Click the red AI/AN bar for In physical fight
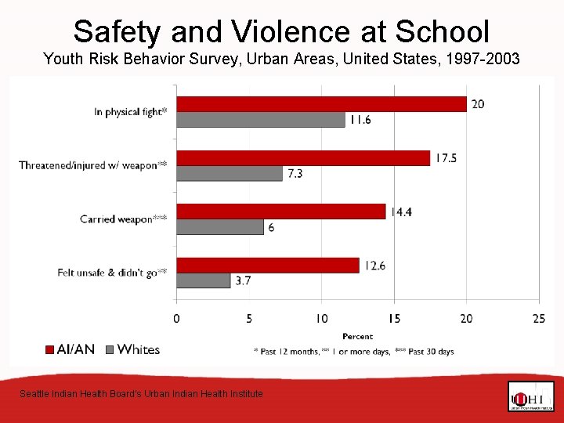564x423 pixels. pyautogui.click(x=321, y=104)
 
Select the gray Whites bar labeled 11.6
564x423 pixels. pyautogui.click(x=260, y=120)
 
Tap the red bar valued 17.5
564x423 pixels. pyautogui.click(x=303, y=157)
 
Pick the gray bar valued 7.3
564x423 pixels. pyautogui.click(x=229, y=173)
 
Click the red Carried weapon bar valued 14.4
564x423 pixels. pyautogui.click(x=280, y=211)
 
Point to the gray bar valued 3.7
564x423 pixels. pyautogui.click(x=203, y=280)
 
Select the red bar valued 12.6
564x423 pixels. pyautogui.click(x=267, y=265)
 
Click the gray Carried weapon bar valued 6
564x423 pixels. pyautogui.click(x=219, y=226)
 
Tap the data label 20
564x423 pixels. pyautogui.click(x=477, y=104)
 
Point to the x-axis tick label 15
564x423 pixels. pyautogui.click(x=394, y=318)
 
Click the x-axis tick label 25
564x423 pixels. pyautogui.click(x=539, y=318)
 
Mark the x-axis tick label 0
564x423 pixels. pyautogui.click(x=176, y=318)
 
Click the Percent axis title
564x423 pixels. pyautogui.click(x=357, y=336)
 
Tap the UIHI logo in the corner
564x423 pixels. pyautogui.click(x=530, y=396)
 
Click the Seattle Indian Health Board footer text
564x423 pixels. pyautogui.click(x=141, y=394)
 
